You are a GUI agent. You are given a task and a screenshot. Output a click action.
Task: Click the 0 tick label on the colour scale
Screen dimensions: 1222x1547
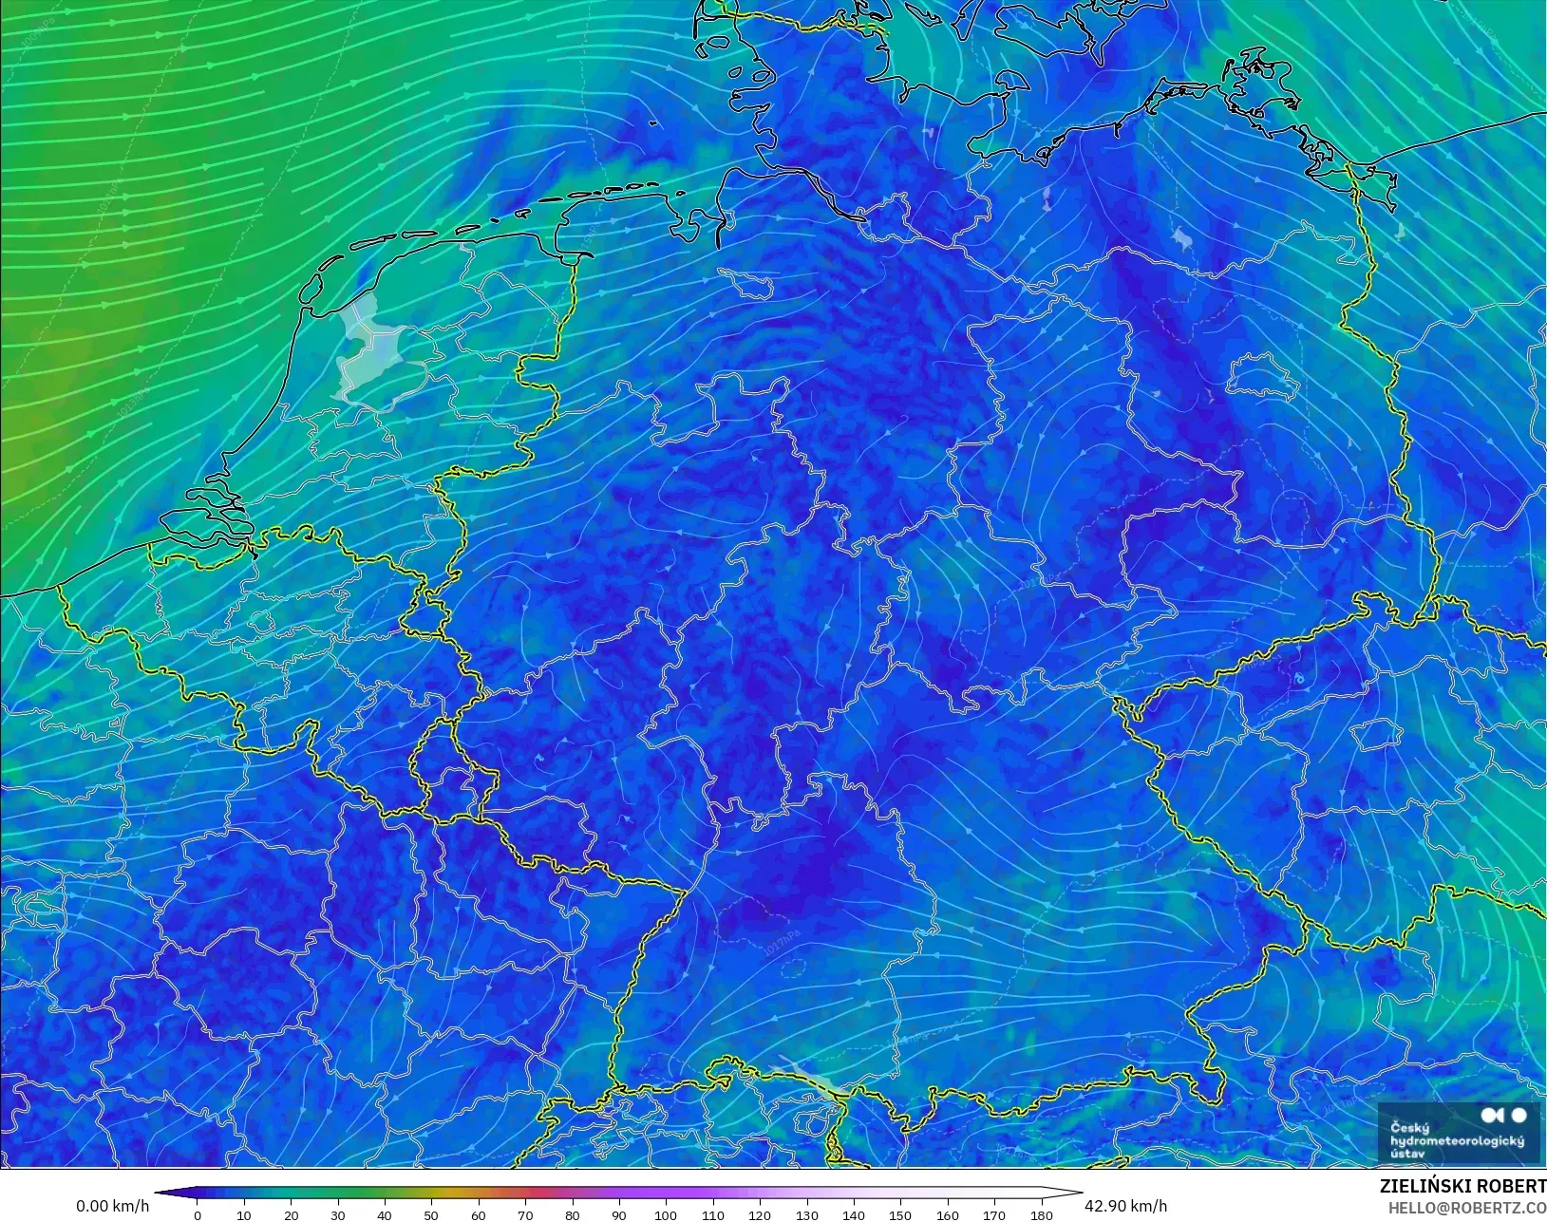(x=198, y=1215)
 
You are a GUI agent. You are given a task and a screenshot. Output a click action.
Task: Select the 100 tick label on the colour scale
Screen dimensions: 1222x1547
(x=666, y=1215)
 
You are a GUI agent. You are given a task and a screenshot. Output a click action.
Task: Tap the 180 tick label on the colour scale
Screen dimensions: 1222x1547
(x=1041, y=1215)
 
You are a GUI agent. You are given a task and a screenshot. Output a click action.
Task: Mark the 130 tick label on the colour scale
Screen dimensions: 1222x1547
(x=806, y=1215)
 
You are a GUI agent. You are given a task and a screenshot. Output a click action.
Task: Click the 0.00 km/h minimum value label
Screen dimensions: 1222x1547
(x=112, y=1206)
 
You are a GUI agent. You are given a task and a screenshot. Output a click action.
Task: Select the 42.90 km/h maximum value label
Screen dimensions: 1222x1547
(x=1125, y=1206)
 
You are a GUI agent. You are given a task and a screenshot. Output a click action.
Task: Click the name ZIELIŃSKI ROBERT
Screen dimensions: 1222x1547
(x=1462, y=1187)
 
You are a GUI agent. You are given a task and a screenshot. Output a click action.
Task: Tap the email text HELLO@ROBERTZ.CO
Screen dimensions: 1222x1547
(x=1467, y=1208)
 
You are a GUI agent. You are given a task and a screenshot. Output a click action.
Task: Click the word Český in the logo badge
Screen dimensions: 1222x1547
(x=1409, y=1128)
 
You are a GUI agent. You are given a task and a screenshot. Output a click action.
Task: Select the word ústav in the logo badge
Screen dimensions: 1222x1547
(x=1407, y=1153)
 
